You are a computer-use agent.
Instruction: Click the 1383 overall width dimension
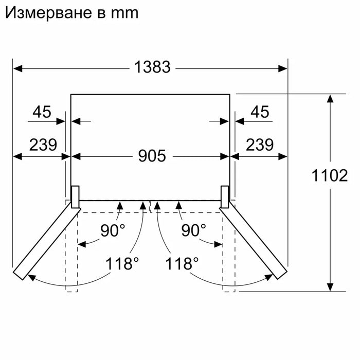pos(152,67)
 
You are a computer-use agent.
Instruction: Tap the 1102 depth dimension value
pos(330,176)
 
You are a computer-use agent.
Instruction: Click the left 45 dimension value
pos(42,112)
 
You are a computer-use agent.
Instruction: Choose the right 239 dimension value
pos(259,145)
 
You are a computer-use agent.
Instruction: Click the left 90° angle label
pos(113,230)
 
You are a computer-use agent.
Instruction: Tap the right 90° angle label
pos(193,230)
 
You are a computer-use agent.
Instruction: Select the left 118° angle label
pos(122,264)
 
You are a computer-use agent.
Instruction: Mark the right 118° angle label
pos(182,264)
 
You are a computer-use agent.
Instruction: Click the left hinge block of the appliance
pos(75,196)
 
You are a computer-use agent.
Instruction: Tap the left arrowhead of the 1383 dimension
pos(17,67)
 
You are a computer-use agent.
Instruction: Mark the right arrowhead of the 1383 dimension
pos(283,67)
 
